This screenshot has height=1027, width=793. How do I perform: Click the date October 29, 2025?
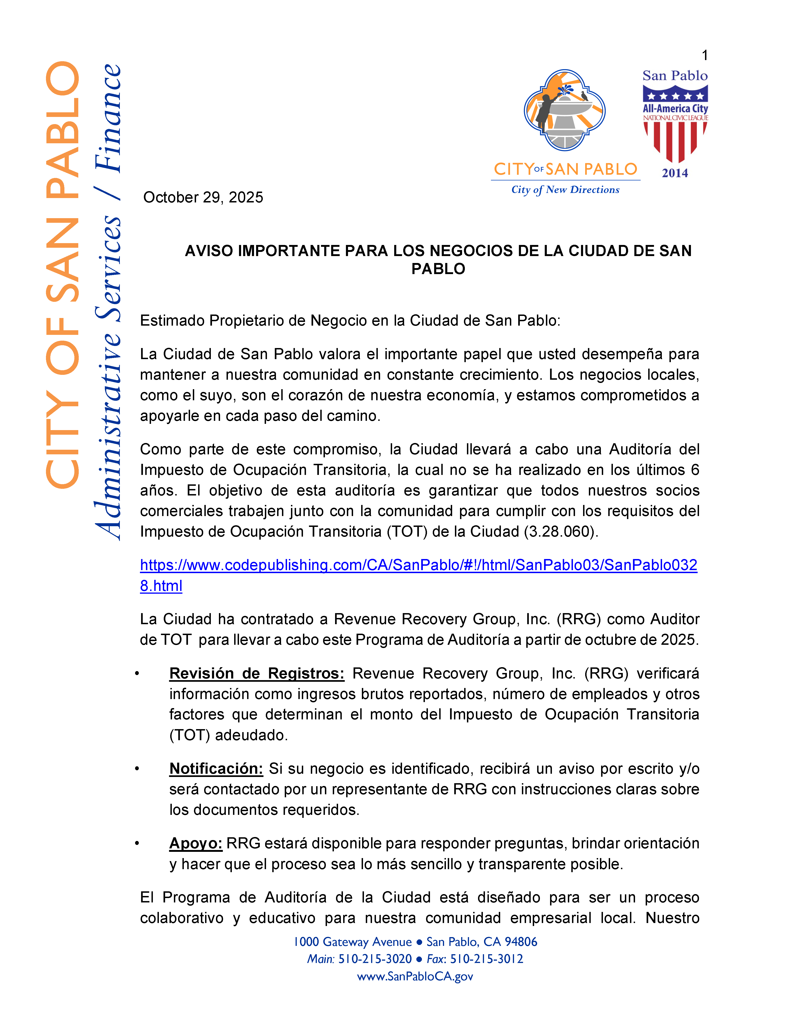tap(203, 198)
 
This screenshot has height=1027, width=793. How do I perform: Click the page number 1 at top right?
tap(704, 55)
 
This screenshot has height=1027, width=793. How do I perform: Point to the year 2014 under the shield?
tap(675, 173)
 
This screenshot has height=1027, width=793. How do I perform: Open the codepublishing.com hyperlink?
tap(418, 565)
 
